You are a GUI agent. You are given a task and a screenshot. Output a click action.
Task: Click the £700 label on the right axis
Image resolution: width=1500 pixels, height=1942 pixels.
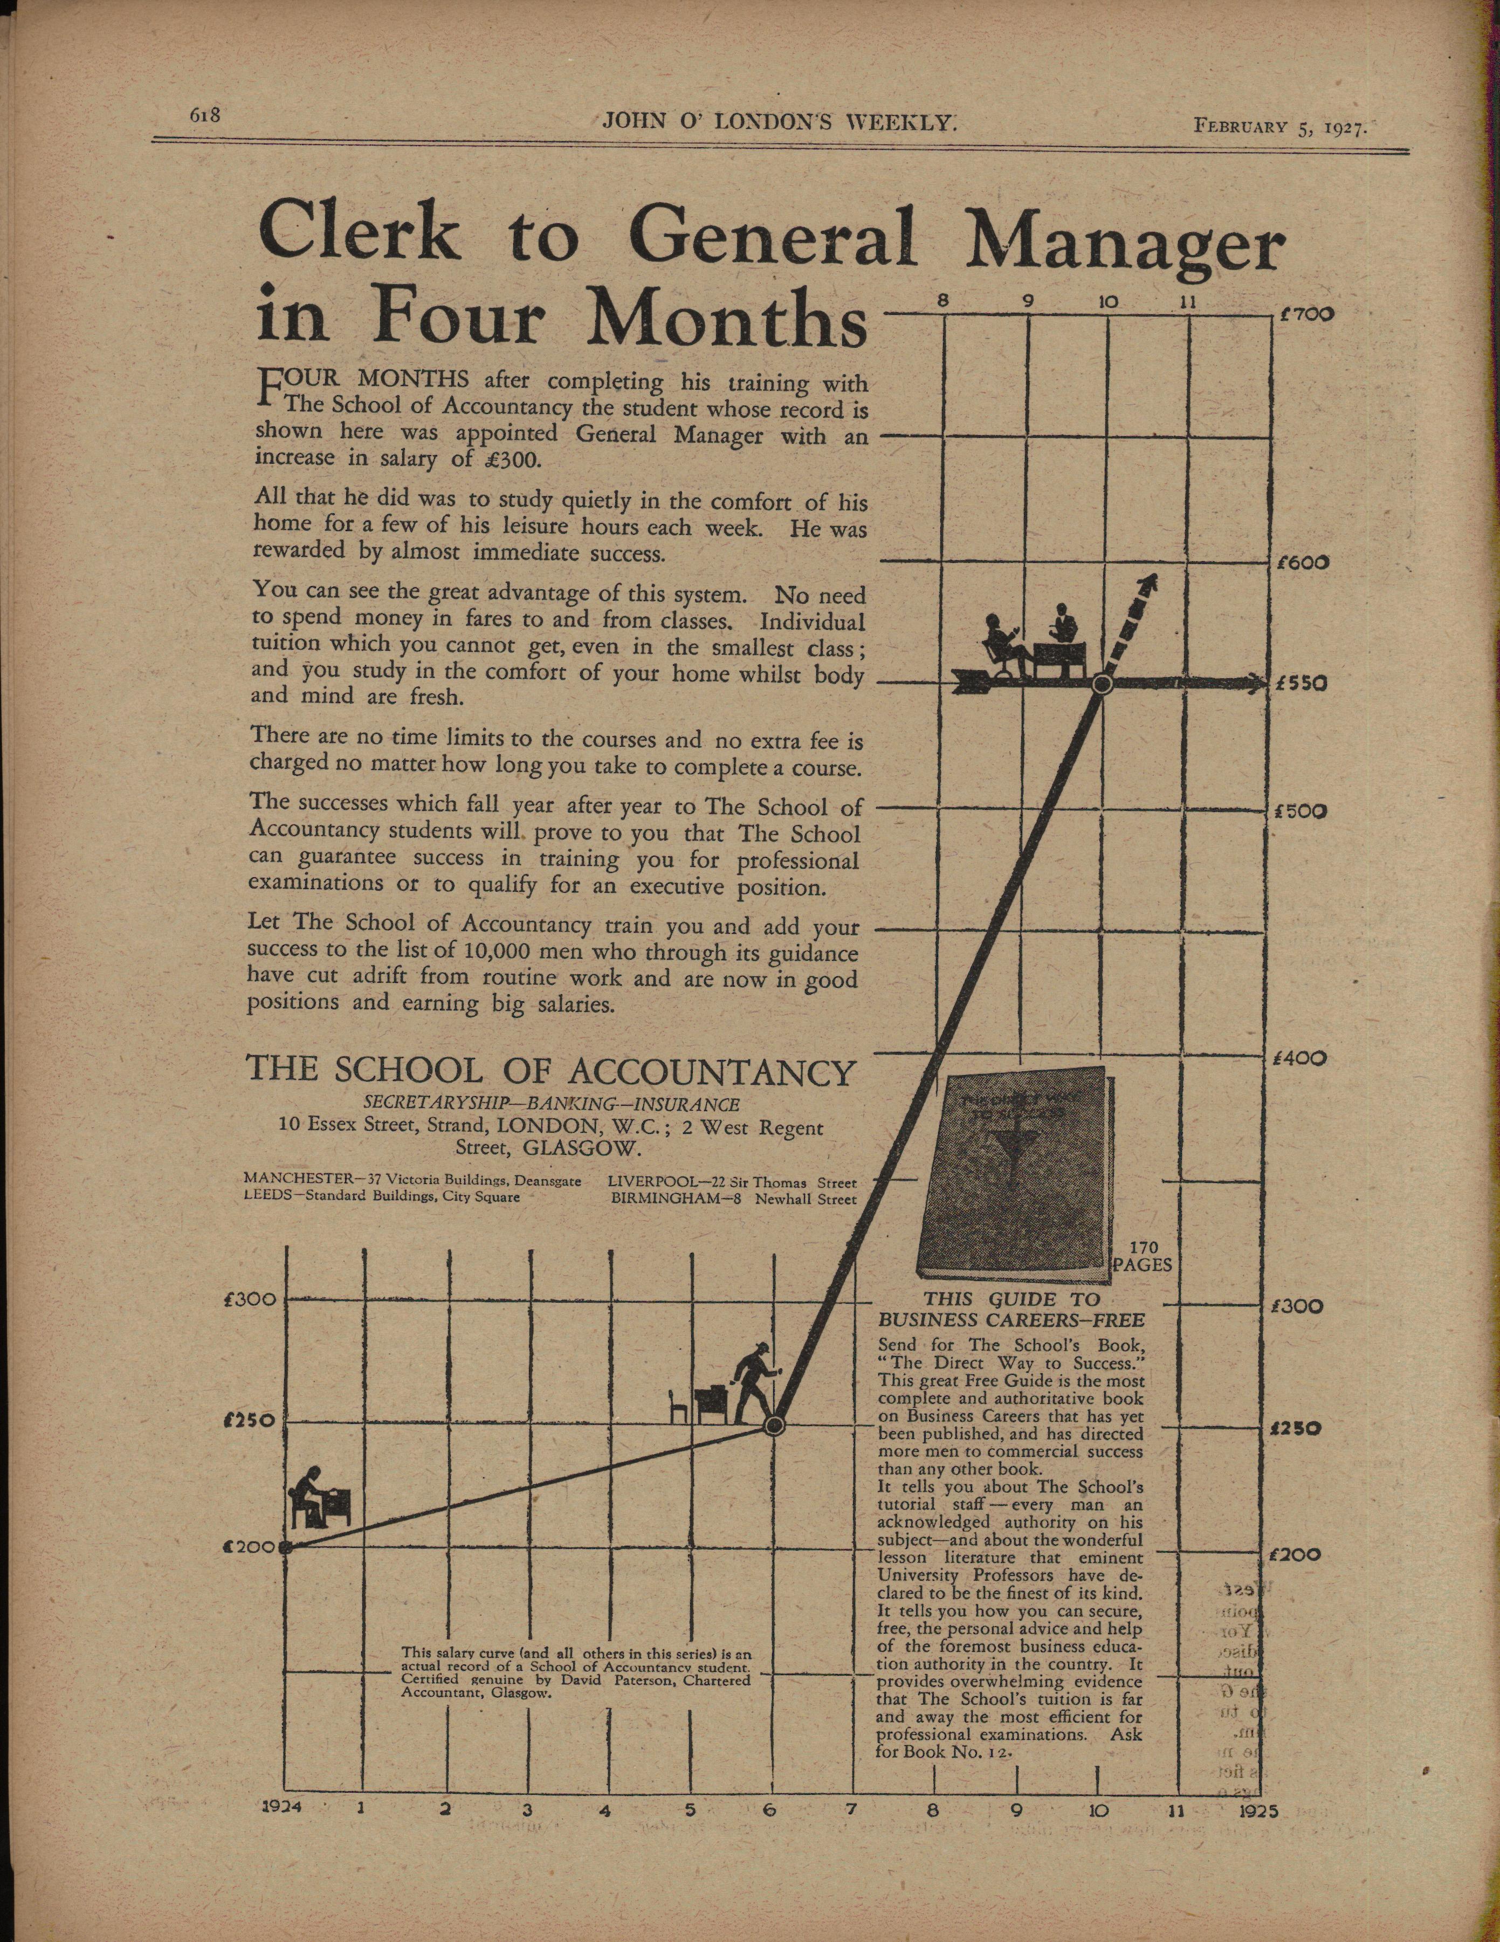[1304, 315]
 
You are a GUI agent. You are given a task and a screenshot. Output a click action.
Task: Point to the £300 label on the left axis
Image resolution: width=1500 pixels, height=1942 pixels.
[251, 1299]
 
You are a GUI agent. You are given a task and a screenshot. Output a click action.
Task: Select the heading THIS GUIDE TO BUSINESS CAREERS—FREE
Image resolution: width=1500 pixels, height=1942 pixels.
[1011, 1310]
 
